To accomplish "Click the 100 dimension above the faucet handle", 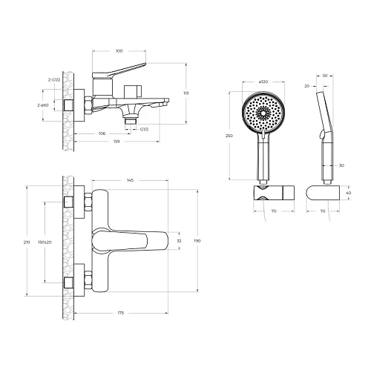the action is [x=119, y=51].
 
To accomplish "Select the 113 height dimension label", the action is [x=186, y=93].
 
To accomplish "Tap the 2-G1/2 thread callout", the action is [x=54, y=80].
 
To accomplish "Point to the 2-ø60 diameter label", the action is [x=43, y=105].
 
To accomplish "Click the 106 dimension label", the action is [x=102, y=133].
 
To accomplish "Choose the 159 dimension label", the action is [x=116, y=142].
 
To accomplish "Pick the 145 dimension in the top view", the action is [x=130, y=180].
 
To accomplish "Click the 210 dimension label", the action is [x=27, y=242].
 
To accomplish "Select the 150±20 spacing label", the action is [x=45, y=242].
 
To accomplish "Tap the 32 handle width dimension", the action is [x=180, y=241].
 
